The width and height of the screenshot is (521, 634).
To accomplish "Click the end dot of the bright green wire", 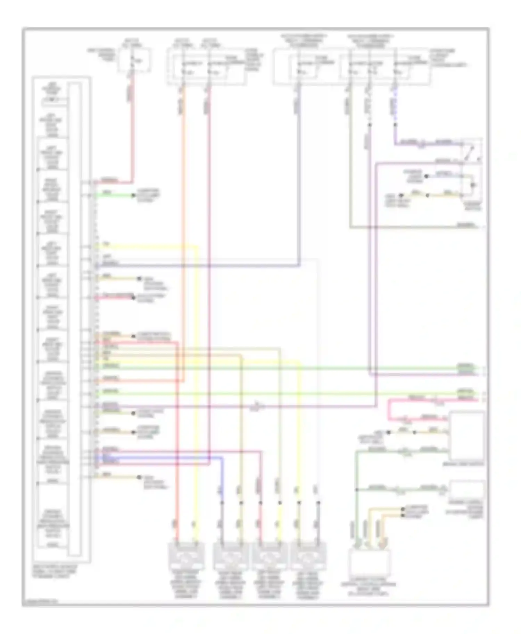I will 133,196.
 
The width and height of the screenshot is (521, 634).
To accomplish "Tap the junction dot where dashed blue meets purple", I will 395,125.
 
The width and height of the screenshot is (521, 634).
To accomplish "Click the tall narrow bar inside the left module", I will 75,319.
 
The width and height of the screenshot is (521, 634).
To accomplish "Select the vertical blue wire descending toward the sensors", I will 222,480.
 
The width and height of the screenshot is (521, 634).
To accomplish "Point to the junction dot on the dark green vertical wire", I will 357,490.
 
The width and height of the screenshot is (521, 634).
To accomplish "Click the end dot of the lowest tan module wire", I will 139,478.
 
